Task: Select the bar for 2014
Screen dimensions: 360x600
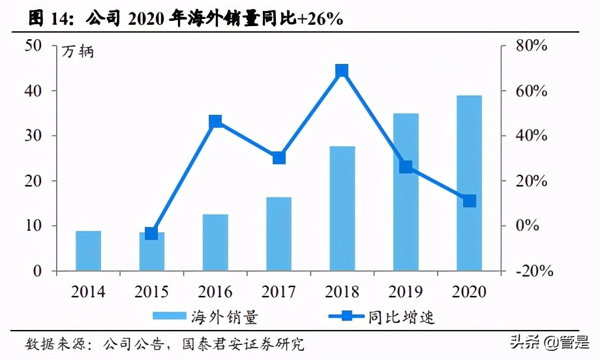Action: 88,251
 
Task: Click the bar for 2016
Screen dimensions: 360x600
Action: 215,243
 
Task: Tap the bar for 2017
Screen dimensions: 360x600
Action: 278,234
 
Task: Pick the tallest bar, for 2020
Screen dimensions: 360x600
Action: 469,183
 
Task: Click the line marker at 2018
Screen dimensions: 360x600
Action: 342,71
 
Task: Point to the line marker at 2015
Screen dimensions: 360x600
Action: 151,233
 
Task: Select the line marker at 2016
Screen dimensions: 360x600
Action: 215,121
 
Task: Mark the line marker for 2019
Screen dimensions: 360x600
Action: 406,167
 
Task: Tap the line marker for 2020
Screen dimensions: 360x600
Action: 469,201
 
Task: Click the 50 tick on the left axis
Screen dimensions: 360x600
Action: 34,46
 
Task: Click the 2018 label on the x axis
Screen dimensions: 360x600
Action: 342,292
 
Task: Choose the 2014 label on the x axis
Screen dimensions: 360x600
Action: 88,292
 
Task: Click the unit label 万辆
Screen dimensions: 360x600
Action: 78,52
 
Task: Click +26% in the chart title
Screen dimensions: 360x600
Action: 321,20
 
